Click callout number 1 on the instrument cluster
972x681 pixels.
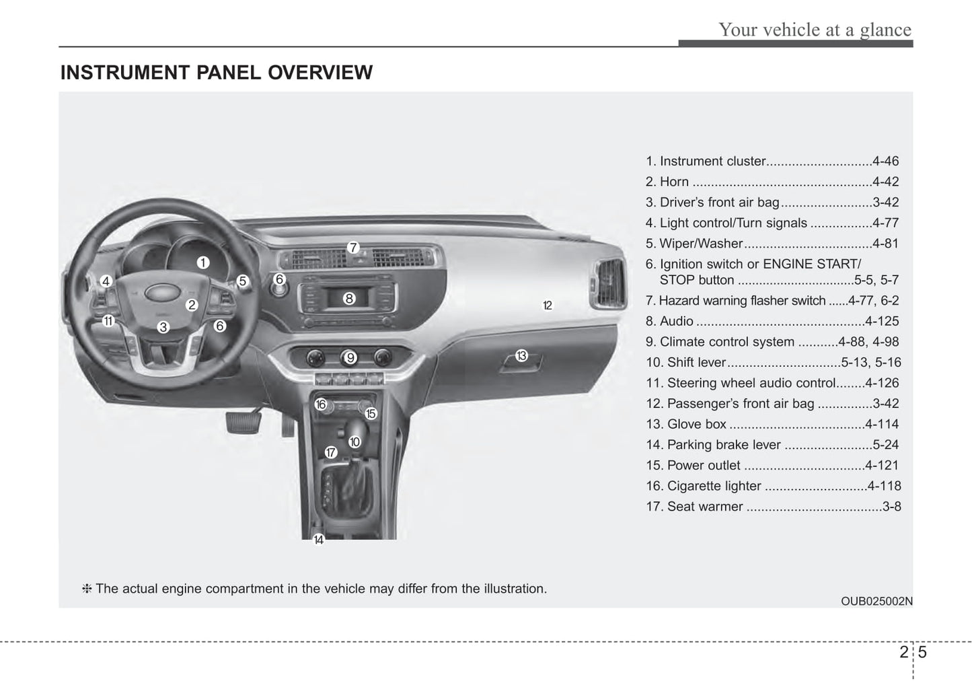[202, 262]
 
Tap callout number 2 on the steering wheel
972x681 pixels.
[192, 305]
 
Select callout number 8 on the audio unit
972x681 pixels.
[348, 298]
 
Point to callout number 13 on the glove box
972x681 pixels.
[521, 355]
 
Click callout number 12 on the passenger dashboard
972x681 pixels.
[548, 306]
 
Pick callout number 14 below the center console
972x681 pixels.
[319, 540]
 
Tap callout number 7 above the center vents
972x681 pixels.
[352, 248]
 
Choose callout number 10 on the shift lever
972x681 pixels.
[354, 442]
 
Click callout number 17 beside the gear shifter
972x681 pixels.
[330, 452]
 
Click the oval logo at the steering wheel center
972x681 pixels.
[159, 292]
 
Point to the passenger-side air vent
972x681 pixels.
[607, 285]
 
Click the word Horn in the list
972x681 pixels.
[674, 182]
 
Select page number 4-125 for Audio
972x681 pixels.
[882, 321]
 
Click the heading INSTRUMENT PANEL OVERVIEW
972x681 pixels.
[217, 73]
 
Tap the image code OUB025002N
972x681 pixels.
[876, 601]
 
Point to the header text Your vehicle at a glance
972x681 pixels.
[815, 30]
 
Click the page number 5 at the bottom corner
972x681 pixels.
[922, 651]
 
